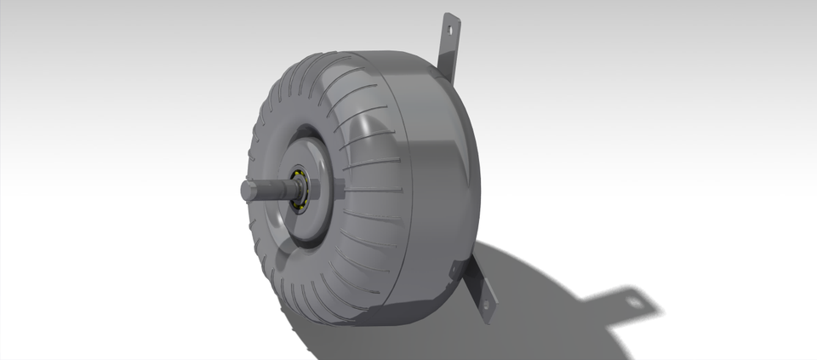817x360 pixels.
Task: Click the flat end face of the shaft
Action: [x=246, y=191]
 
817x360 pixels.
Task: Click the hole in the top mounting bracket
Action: [x=451, y=27]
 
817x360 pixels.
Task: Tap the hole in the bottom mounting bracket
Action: [x=487, y=304]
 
